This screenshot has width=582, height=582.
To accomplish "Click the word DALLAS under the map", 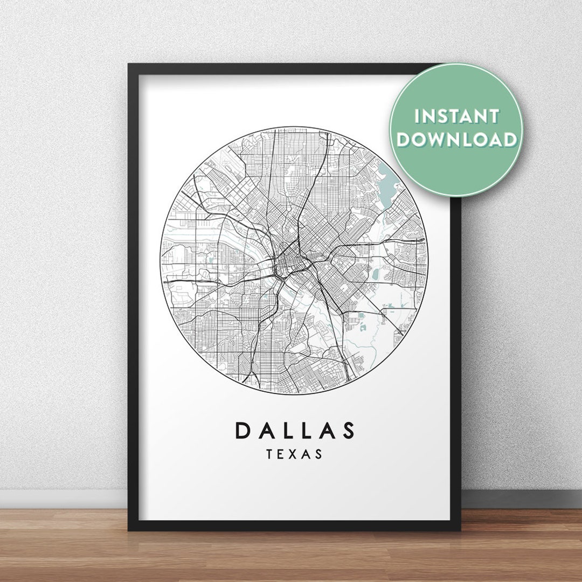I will (295, 430).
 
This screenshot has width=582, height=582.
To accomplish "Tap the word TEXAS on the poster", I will (295, 454).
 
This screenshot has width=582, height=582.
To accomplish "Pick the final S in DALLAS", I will (349, 430).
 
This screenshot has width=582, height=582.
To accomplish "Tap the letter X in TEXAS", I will (295, 454).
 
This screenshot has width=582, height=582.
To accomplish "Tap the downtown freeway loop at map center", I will (286, 261).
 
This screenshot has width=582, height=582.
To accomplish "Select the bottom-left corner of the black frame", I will (129, 530).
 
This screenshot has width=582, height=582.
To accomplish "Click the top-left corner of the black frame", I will (129, 65).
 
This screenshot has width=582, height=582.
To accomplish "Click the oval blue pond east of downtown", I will (376, 274).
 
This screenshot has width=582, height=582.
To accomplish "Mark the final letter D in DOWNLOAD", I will (510, 140).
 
